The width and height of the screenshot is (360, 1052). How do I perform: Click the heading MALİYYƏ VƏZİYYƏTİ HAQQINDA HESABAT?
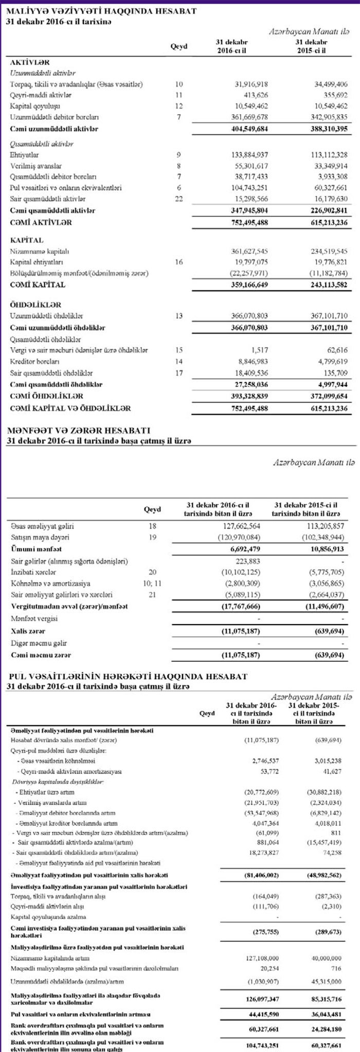point(101,11)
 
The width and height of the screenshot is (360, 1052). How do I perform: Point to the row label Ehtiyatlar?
point(25,154)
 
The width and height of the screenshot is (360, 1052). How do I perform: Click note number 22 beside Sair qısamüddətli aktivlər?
point(178,199)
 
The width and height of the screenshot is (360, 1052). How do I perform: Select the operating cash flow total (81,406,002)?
point(260,875)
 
